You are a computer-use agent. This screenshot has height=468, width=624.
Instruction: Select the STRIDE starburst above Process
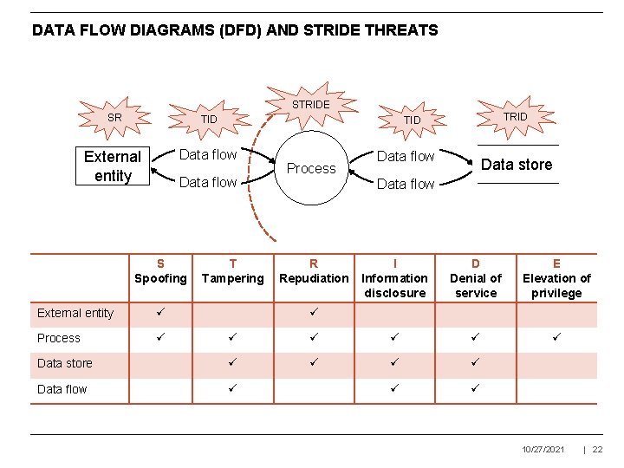coord(310,105)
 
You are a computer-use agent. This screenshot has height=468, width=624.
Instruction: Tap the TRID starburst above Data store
coord(515,116)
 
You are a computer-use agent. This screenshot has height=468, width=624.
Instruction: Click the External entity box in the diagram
coord(113,166)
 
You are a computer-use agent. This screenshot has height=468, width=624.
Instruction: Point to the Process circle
coord(310,168)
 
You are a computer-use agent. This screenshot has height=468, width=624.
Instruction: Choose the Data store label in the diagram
coord(516,165)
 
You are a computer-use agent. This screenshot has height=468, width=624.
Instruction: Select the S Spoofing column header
coord(160,271)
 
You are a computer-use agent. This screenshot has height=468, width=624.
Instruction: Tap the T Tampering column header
coord(232,271)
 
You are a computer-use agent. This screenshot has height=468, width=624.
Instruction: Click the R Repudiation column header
coord(314,271)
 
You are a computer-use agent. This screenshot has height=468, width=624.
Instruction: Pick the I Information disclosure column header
coord(394,278)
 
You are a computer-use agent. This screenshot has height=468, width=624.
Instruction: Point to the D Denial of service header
coord(476,278)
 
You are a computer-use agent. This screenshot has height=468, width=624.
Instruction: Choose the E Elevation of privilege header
coord(556,278)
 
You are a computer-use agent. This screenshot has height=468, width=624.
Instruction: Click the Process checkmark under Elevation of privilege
coord(556,337)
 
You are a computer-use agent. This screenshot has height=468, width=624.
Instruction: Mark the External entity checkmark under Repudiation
coord(314,312)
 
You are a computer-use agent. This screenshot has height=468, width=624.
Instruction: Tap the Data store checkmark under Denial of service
coord(476,363)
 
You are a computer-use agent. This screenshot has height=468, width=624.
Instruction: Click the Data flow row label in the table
coord(62,389)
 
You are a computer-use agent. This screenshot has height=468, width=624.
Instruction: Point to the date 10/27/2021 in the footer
coord(543,449)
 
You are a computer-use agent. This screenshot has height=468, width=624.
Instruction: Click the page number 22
coord(597,449)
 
